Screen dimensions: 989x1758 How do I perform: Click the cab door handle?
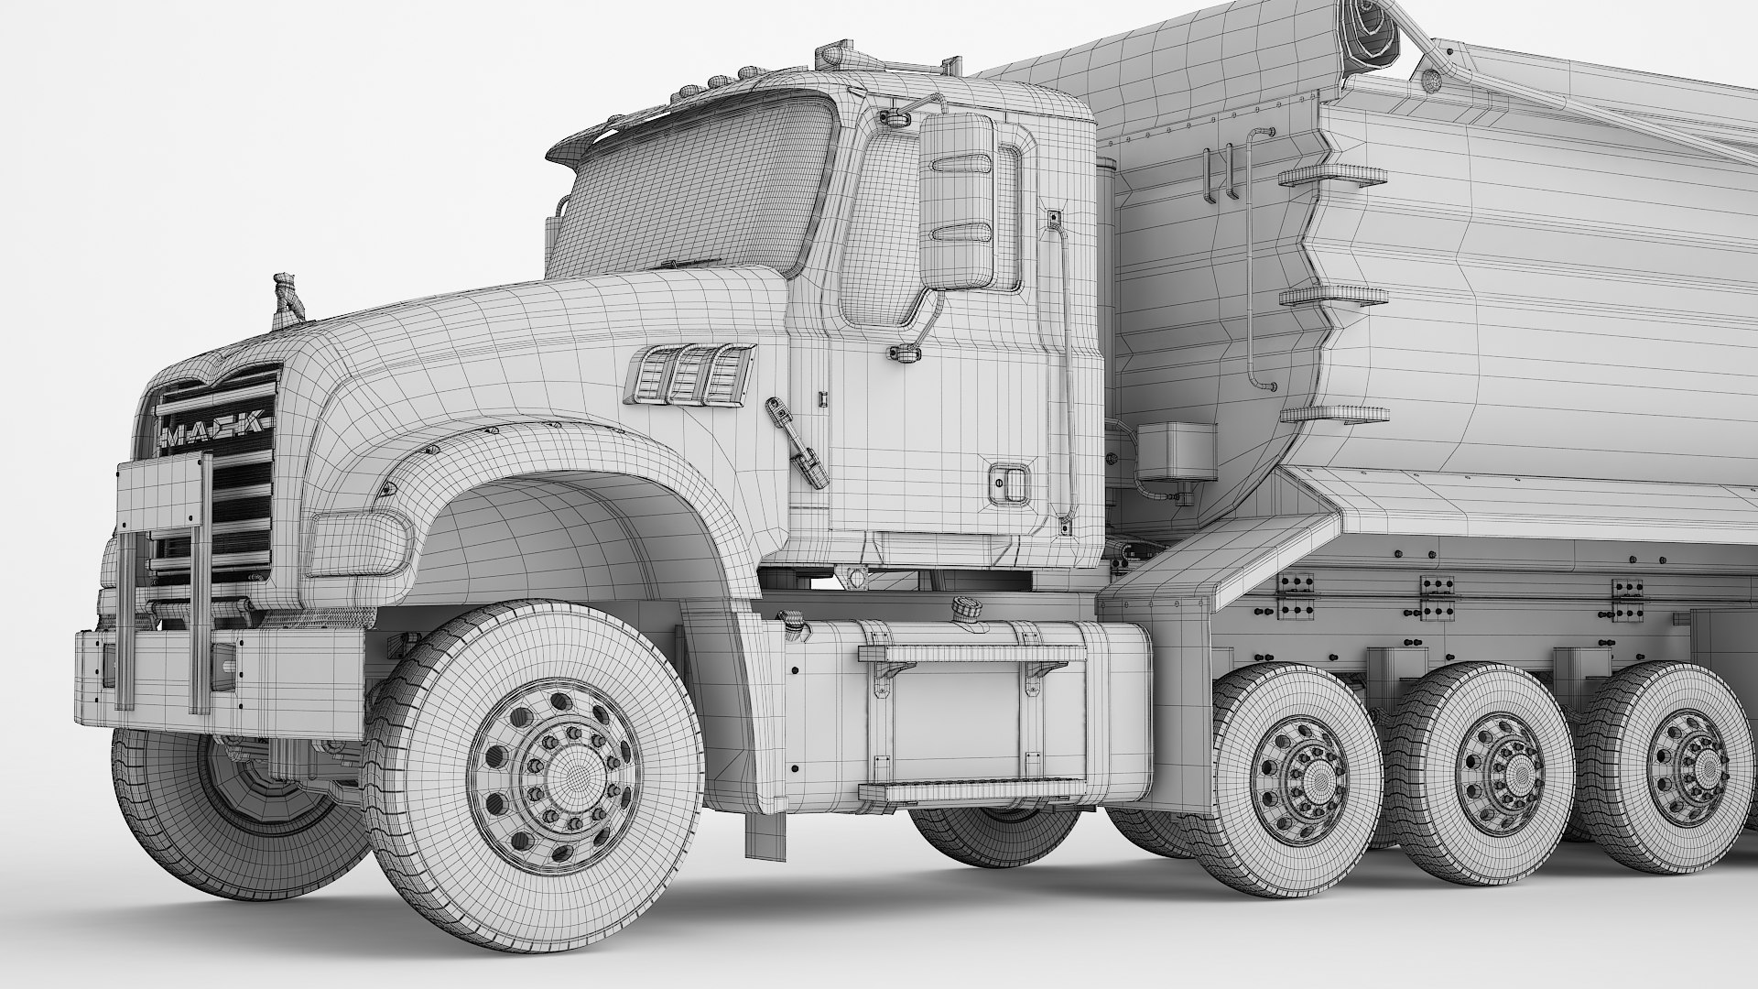pyautogui.click(x=1006, y=483)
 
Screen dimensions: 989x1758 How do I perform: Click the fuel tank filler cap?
pyautogui.click(x=963, y=607)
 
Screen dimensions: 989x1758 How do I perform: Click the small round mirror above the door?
pyautogui.click(x=891, y=116)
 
